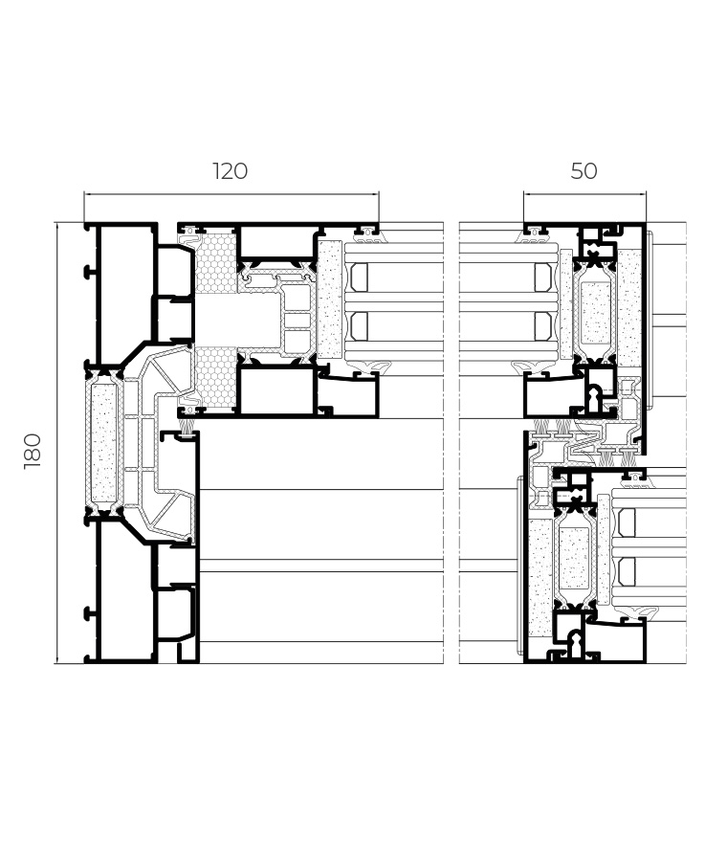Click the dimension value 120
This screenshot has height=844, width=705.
231,171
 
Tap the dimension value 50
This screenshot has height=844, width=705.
584,171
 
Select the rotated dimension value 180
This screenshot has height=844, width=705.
33,451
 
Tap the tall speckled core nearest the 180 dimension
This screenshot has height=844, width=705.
104,442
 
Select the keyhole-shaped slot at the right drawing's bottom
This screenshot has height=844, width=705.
575,643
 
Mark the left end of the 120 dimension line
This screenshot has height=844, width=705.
84,195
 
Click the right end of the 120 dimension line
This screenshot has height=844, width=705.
379,195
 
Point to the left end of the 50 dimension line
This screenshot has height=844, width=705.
523,195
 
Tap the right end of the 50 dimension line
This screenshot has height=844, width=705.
646,195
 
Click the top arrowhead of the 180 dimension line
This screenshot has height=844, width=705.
57,223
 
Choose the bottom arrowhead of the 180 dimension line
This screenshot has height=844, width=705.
57,662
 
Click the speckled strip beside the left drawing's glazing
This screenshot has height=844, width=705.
329,300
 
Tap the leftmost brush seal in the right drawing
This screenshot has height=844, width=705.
541,427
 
